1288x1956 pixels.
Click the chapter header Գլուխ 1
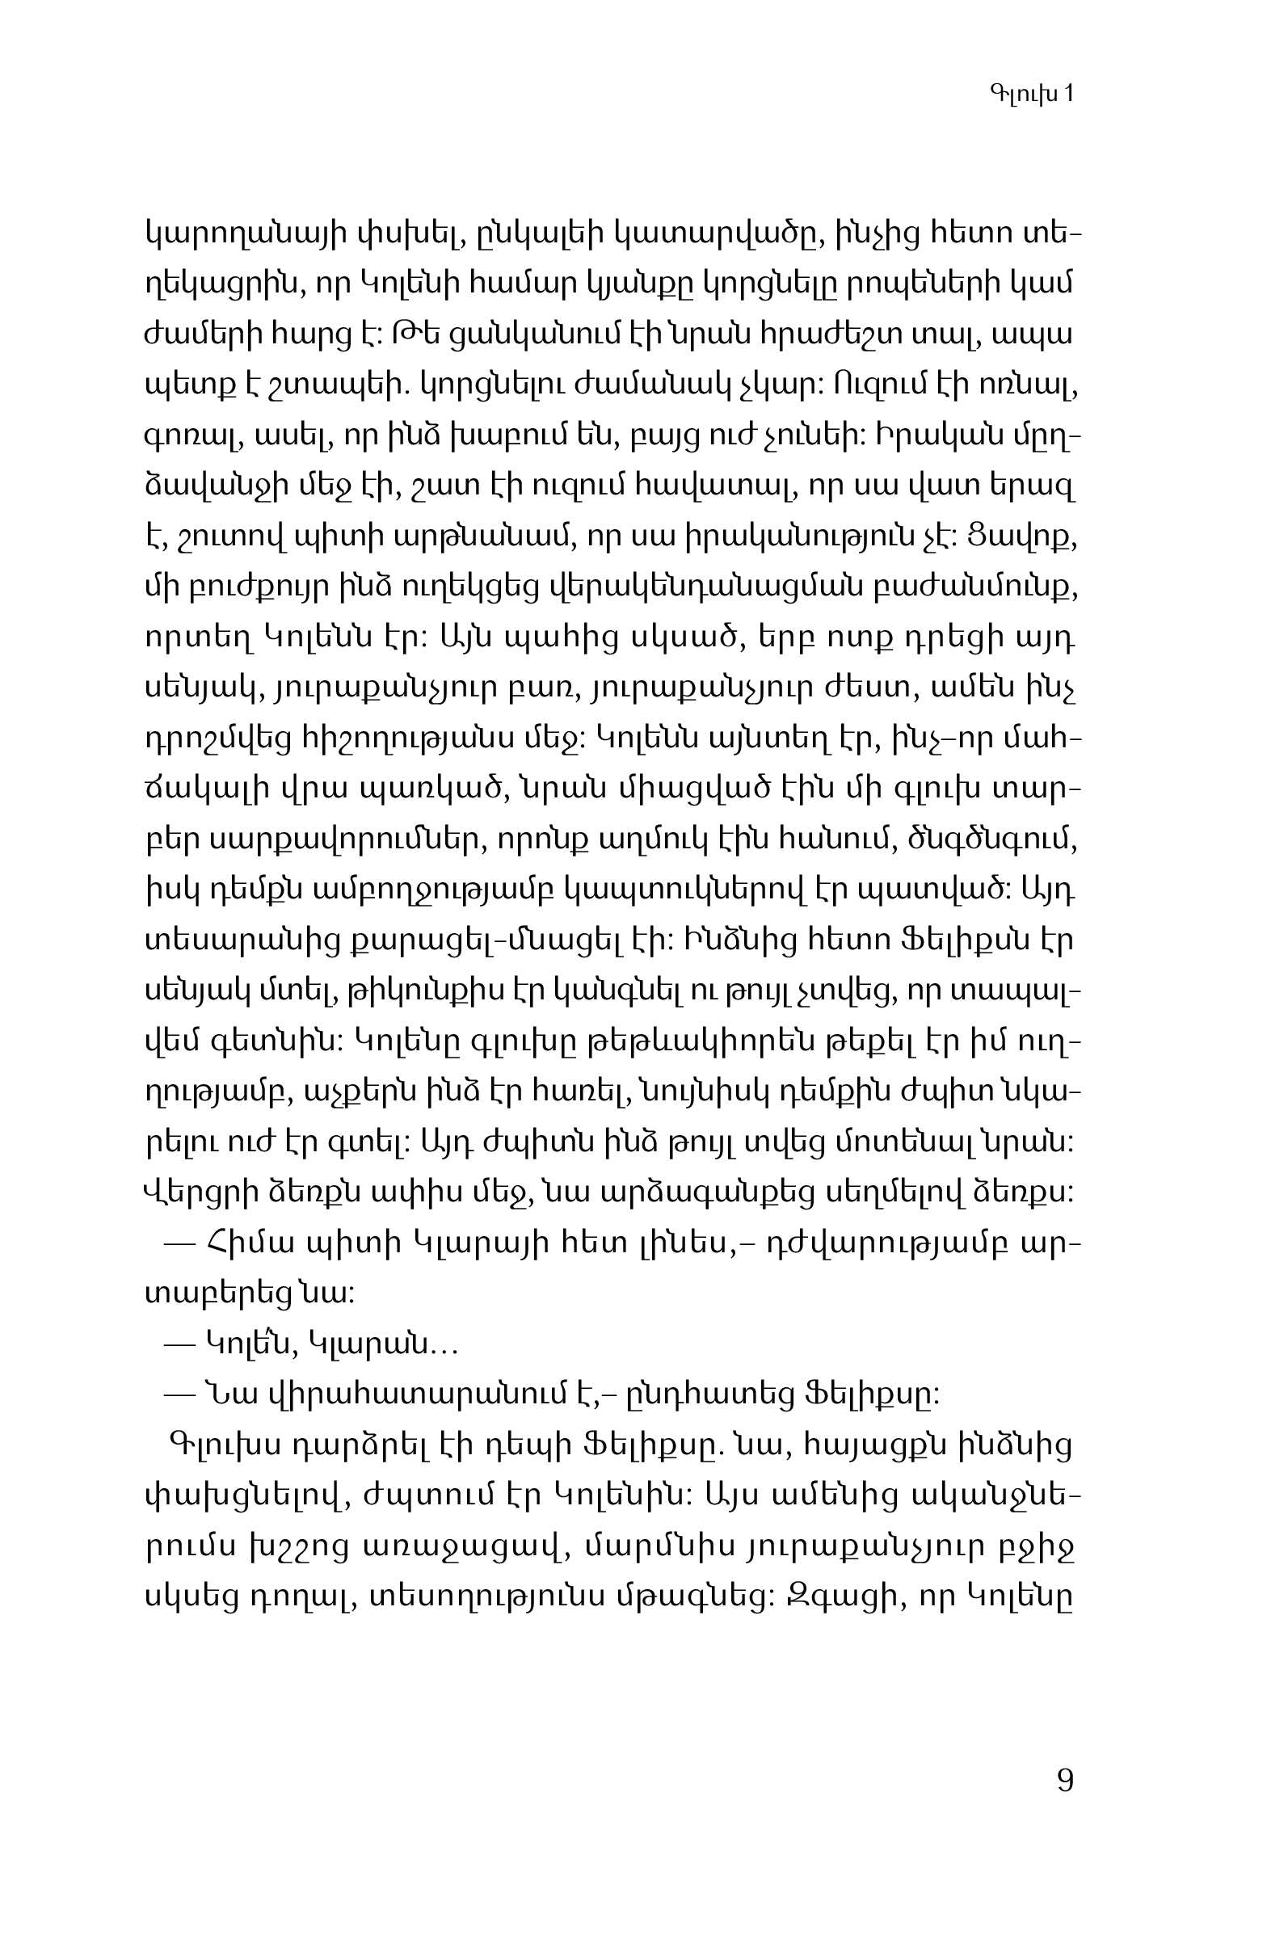point(1032,94)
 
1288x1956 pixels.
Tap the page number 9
point(1064,1780)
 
